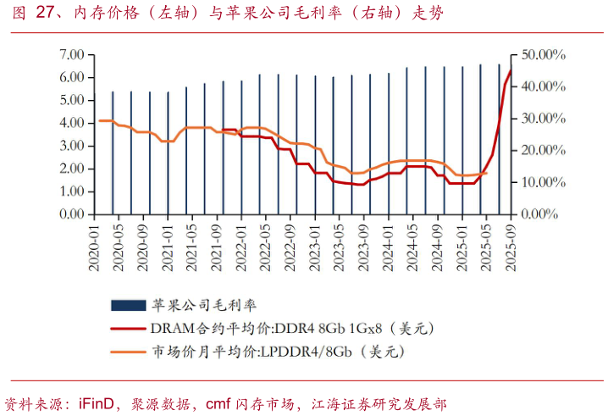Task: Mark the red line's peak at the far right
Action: pyautogui.click(x=511, y=69)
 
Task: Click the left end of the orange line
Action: pyautogui.click(x=99, y=120)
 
